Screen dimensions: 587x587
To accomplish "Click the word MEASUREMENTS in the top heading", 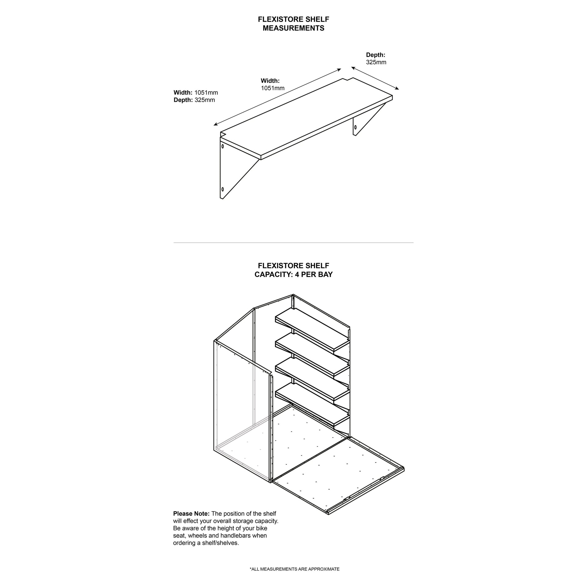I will [x=293, y=28].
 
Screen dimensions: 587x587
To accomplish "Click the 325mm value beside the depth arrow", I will [x=376, y=62].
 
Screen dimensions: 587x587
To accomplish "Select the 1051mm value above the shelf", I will [x=272, y=88].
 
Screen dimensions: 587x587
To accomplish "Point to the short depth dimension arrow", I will [x=375, y=78].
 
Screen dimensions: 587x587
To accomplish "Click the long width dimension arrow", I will [x=277, y=97].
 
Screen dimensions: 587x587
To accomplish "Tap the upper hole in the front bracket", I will [x=223, y=146].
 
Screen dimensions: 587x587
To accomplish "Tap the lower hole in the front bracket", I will [x=223, y=189].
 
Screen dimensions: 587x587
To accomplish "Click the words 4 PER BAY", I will [x=314, y=275].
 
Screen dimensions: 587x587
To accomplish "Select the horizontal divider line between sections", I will [x=293, y=243].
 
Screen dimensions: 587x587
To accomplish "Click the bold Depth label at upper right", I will [x=375, y=55].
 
